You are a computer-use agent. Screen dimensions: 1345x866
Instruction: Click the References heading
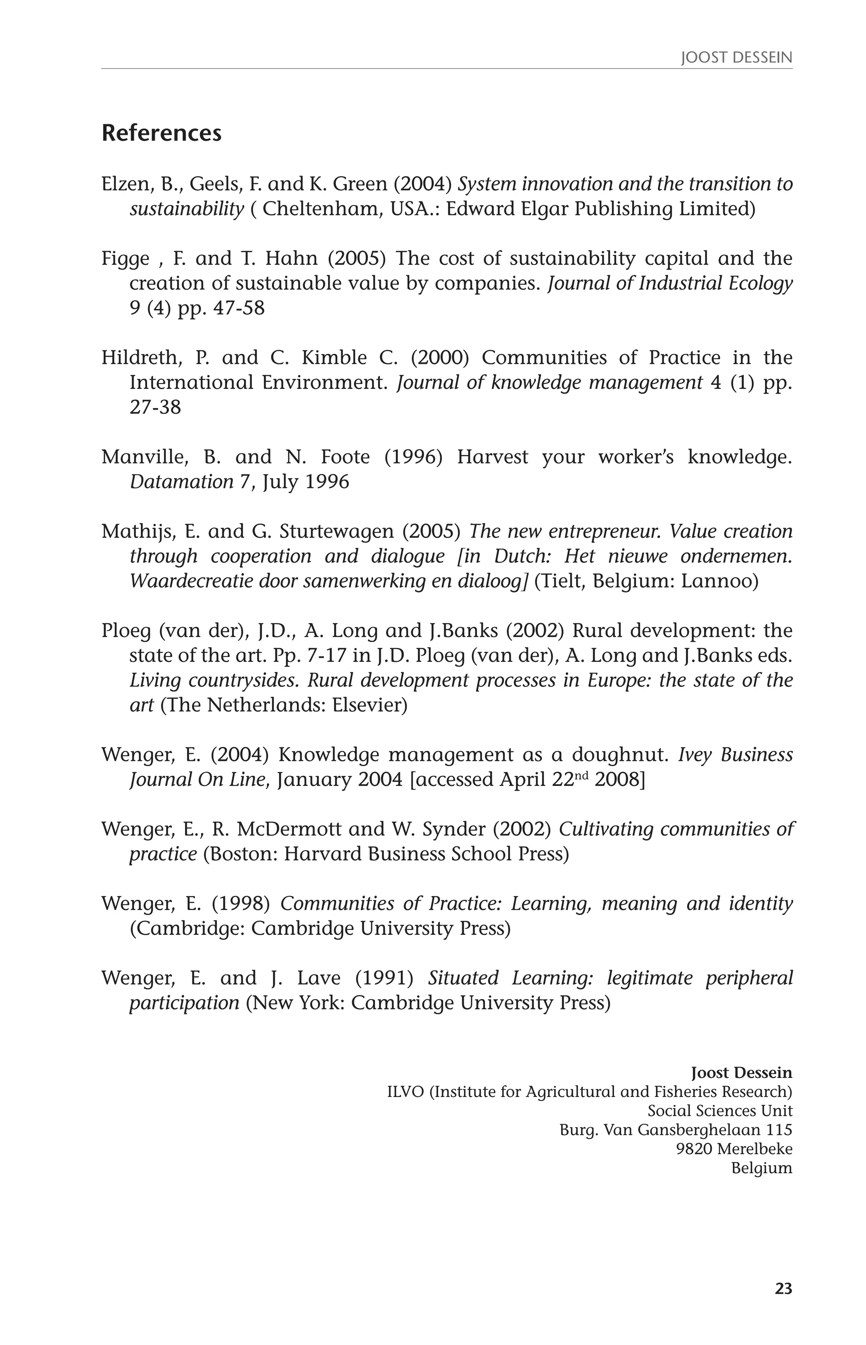pyautogui.click(x=162, y=133)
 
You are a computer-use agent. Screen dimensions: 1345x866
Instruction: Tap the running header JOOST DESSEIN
pyautogui.click(x=736, y=58)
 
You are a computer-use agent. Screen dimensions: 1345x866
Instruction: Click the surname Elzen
pyautogui.click(x=123, y=184)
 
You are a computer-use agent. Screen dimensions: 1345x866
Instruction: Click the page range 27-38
pyautogui.click(x=155, y=407)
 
